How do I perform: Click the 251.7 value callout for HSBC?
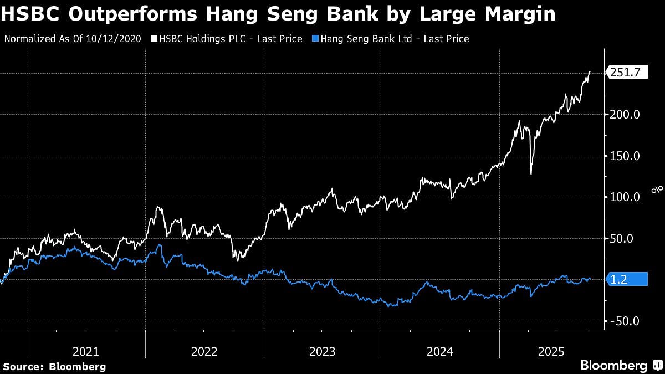[627, 72]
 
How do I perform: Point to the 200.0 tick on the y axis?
[625, 115]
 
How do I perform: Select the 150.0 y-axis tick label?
[625, 156]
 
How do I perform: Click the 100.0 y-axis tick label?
[625, 197]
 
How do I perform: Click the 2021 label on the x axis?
[86, 351]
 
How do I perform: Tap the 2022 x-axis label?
[204, 351]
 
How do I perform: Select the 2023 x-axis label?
[323, 351]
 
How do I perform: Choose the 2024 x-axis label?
[440, 351]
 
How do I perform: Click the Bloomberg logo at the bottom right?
[613, 366]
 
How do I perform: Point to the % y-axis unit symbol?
[658, 189]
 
